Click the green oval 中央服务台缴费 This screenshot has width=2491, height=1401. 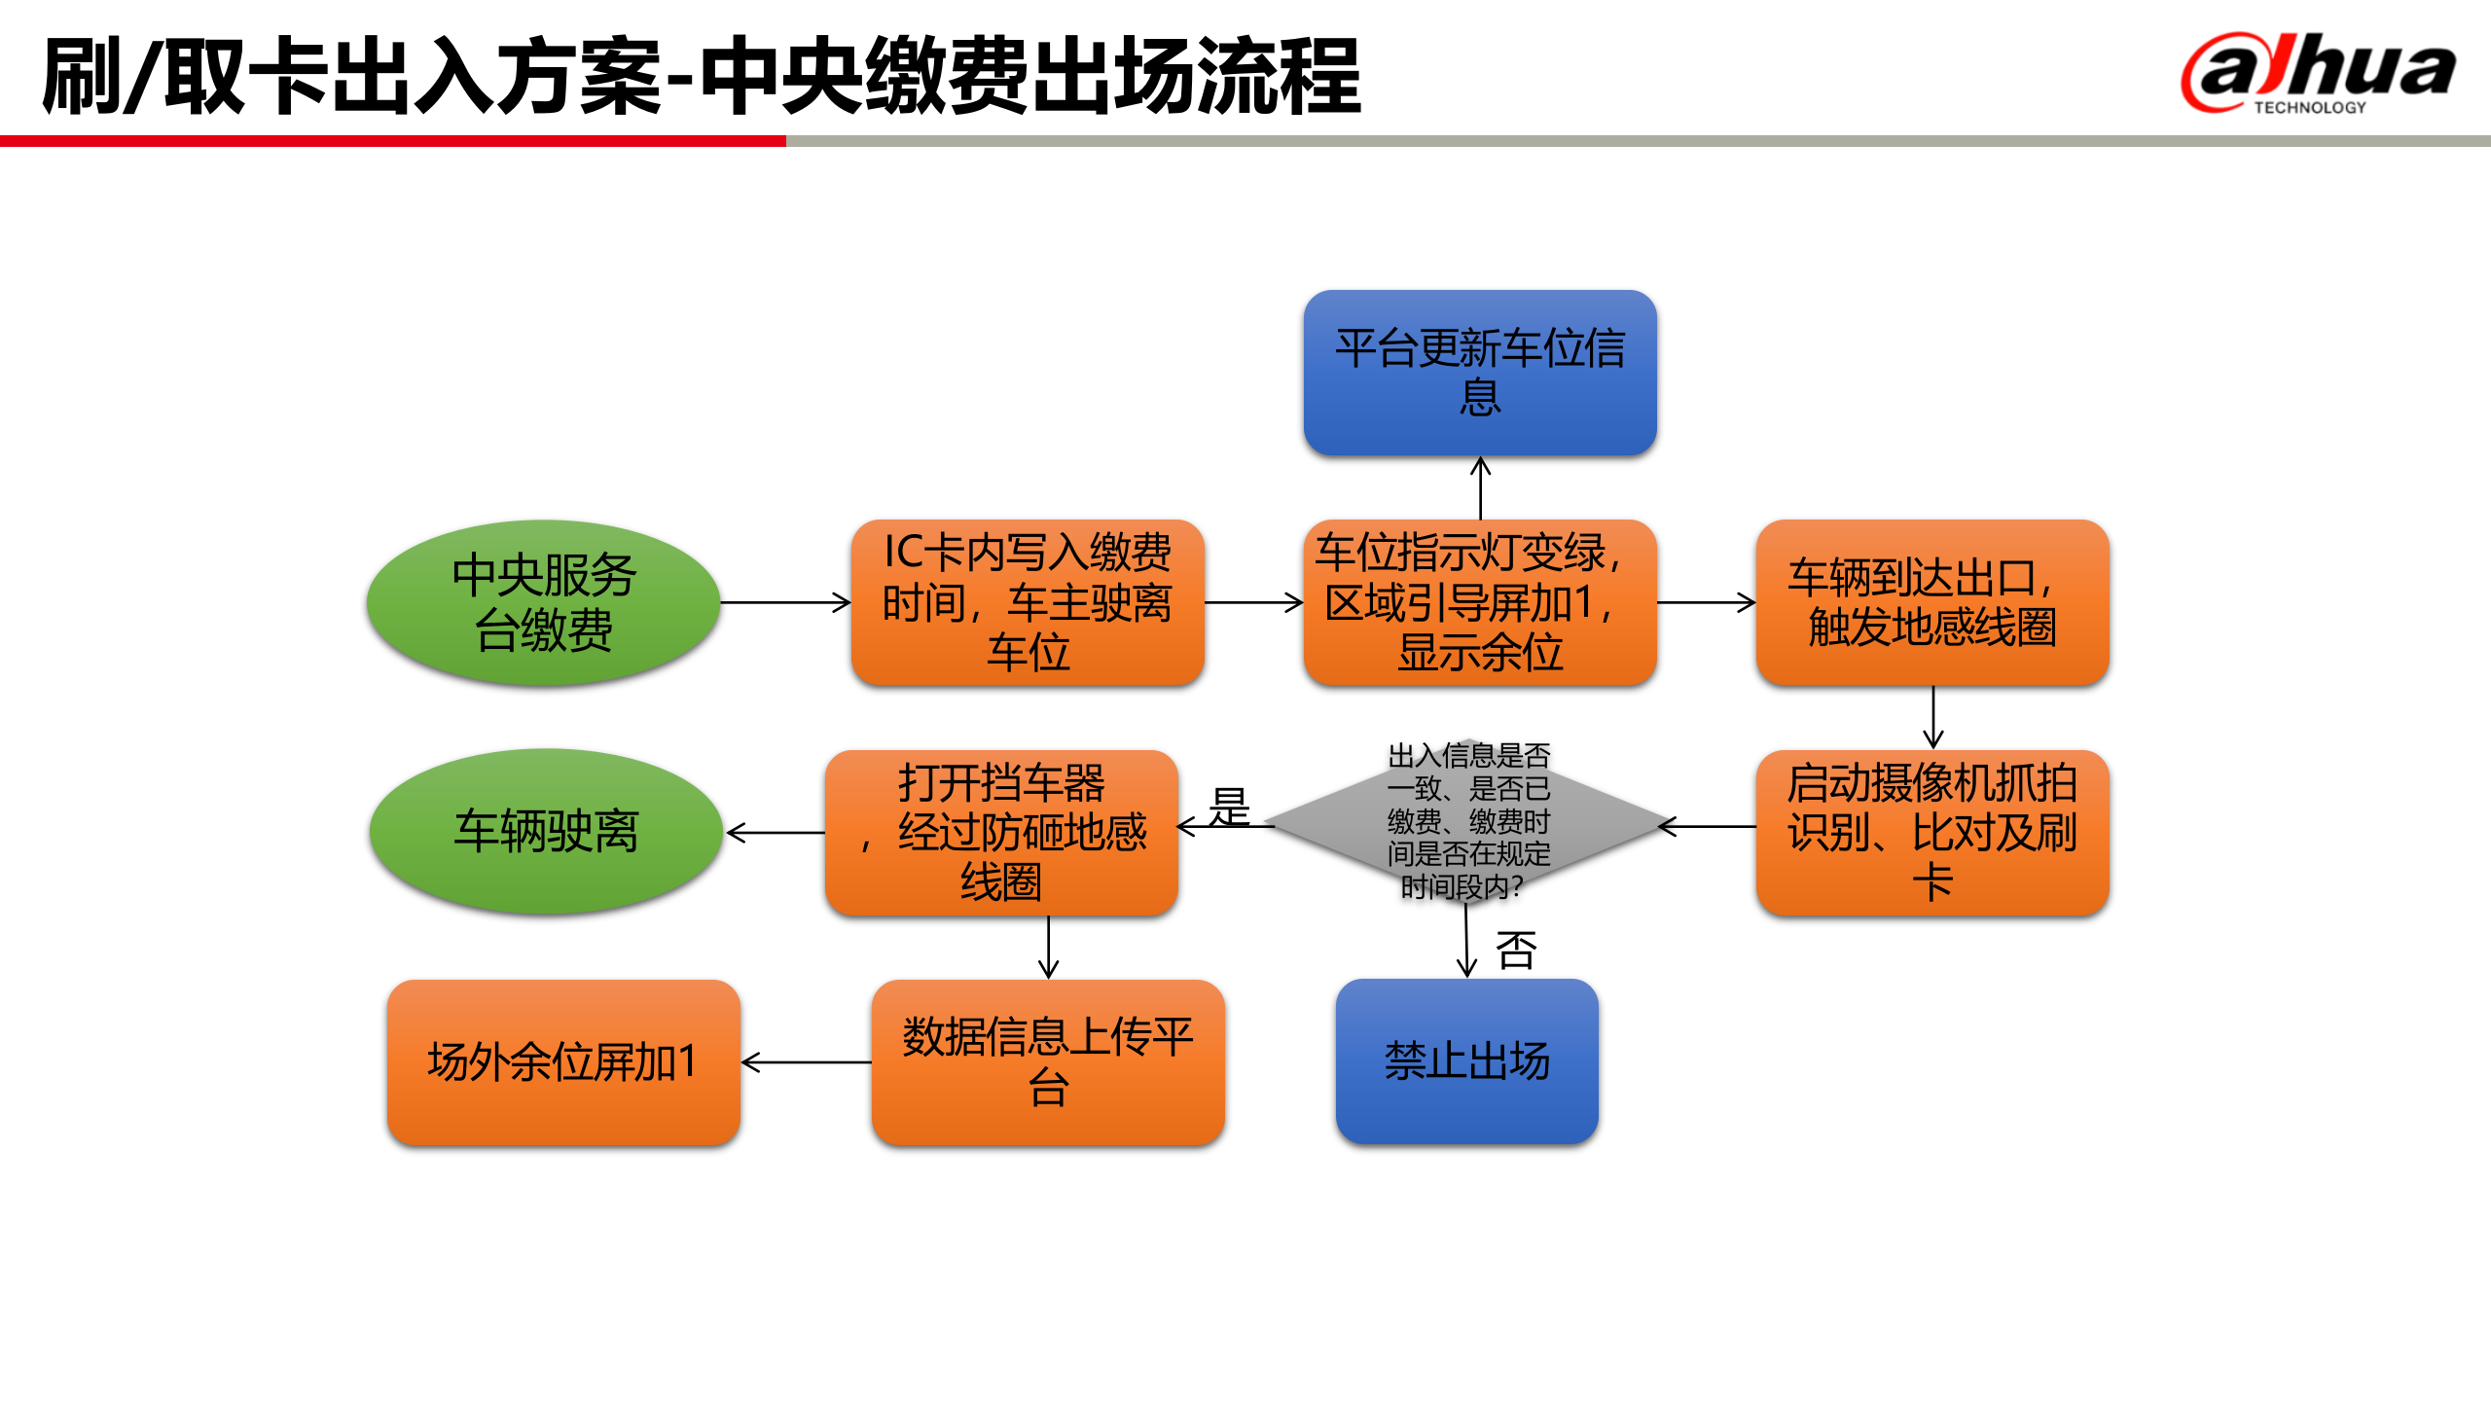[543, 602]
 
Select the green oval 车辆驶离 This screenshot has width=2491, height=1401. [545, 832]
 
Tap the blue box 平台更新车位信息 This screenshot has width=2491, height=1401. [1479, 372]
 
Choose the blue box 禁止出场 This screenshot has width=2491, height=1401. [1466, 1061]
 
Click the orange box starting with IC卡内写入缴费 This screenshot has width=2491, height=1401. [1028, 602]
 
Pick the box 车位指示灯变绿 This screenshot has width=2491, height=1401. [1479, 602]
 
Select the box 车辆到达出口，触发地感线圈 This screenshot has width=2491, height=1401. [1931, 602]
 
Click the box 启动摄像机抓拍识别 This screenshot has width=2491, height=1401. [1931, 832]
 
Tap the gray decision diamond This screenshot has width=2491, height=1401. [1467, 822]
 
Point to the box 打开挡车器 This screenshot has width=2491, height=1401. [1001, 832]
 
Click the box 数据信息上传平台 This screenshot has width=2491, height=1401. [1047, 1061]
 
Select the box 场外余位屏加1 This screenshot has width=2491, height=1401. [562, 1061]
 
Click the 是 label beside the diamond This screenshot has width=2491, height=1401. [1229, 807]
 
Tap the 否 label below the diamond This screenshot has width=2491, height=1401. [1515, 951]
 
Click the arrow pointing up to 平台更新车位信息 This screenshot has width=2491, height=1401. [1480, 487]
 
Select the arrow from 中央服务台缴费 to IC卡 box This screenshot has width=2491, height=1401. [784, 602]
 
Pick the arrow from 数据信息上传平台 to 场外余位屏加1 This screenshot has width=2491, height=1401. [806, 1062]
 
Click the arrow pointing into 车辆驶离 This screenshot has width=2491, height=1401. [775, 833]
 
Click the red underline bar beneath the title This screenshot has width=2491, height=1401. [392, 142]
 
